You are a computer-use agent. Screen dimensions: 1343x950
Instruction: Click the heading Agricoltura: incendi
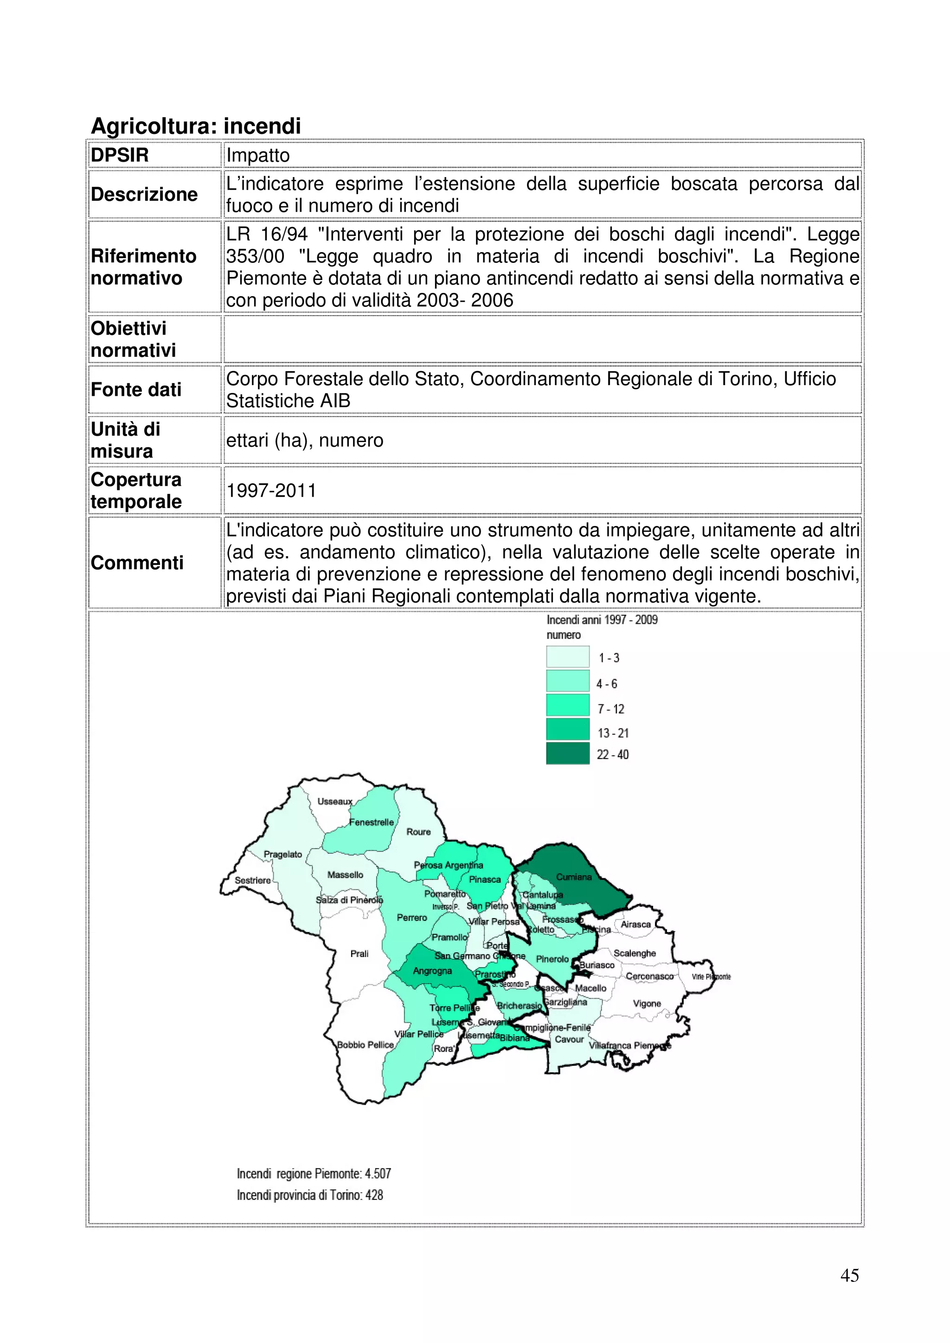[196, 126]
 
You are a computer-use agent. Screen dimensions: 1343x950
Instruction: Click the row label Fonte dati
[136, 390]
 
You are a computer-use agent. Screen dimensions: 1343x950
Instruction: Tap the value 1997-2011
[271, 490]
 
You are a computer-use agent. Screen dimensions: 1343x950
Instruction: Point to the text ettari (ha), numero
[304, 440]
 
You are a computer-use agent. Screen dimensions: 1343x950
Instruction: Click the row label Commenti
[137, 563]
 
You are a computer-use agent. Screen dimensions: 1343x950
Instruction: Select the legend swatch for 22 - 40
[567, 754]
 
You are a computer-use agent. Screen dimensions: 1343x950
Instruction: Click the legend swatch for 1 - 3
[567, 657]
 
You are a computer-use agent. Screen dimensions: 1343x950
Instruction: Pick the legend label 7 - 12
[610, 709]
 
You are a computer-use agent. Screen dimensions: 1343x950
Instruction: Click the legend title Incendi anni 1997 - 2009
[602, 620]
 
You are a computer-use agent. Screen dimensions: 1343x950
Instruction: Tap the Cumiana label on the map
[574, 877]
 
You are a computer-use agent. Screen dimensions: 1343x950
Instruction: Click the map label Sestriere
[252, 881]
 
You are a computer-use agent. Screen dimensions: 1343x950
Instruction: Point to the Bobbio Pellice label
[365, 1045]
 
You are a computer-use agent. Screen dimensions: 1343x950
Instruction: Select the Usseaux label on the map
[335, 801]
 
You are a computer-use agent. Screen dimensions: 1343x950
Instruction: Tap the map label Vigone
[647, 1004]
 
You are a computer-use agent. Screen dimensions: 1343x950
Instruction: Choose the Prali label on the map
[359, 954]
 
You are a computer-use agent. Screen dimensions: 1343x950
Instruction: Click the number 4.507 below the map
[378, 1173]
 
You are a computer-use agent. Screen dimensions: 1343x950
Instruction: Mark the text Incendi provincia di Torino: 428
[310, 1195]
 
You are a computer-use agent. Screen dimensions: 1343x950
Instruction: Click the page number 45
[849, 1275]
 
